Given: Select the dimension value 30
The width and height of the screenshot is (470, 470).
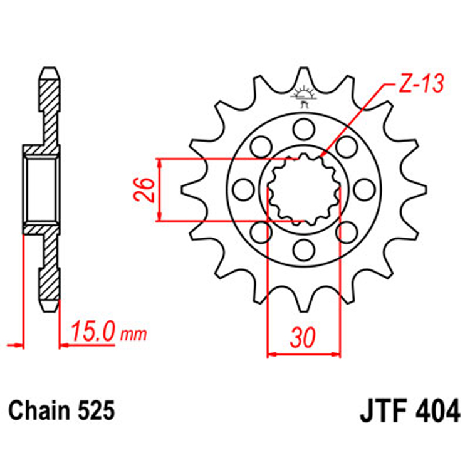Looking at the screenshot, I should (303, 338).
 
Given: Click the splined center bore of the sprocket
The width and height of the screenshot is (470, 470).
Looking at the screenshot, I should (304, 190).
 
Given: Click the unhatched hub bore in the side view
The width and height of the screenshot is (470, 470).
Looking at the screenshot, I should (43, 189).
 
